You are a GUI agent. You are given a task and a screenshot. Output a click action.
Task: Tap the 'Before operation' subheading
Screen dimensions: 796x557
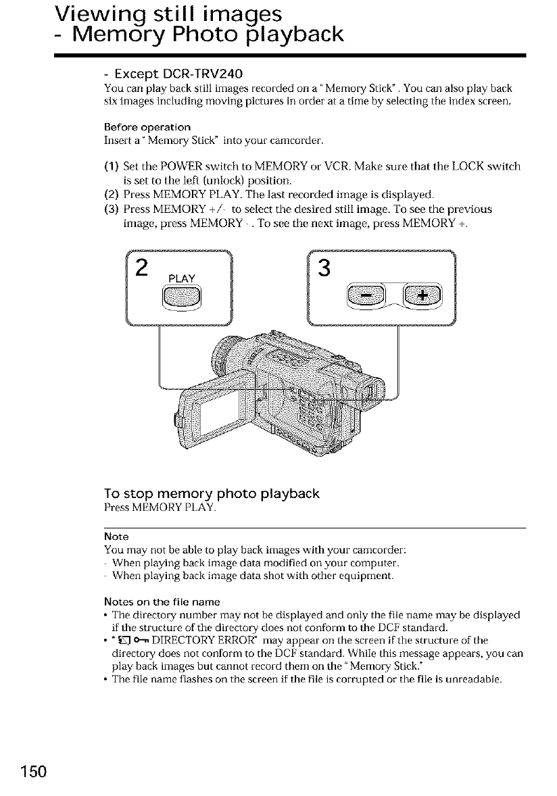pos(147,127)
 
